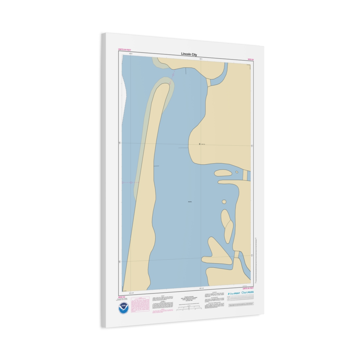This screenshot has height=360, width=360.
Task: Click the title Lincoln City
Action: coord(189,54)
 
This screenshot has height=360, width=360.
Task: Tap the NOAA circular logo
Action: coord(123,308)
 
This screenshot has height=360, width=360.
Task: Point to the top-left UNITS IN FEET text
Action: coord(124,50)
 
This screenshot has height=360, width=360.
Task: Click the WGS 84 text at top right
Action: coord(250,60)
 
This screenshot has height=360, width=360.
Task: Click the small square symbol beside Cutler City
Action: coord(199,144)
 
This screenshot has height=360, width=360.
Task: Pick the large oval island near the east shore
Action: coord(222,173)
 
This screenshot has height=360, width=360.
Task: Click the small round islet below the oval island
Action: coord(224,202)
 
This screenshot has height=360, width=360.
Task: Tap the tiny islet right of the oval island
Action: coord(237,172)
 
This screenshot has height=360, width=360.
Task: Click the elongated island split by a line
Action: coord(227,226)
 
